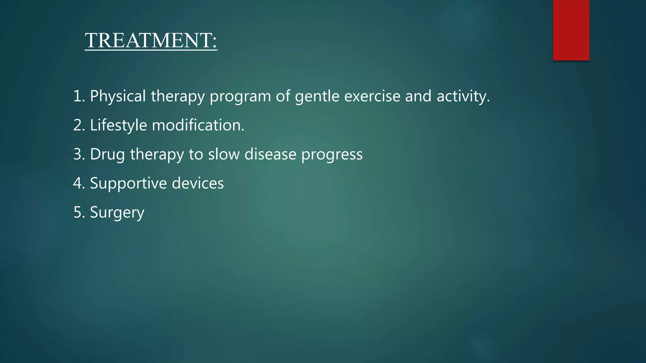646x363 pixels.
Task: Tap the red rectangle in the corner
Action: tap(571, 30)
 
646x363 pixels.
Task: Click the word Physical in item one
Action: tap(118, 96)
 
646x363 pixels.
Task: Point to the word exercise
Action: tap(372, 96)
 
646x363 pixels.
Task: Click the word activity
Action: tap(463, 96)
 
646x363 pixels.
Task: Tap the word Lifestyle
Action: tap(118, 125)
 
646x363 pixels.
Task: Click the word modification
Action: tap(198, 125)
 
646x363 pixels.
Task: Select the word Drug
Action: tap(107, 154)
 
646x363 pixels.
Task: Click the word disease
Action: tap(270, 154)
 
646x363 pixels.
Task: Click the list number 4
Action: tap(77, 183)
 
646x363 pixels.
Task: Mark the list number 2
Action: tap(77, 125)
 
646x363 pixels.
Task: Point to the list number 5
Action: tap(77, 212)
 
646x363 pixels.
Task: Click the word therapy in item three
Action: tap(157, 154)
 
